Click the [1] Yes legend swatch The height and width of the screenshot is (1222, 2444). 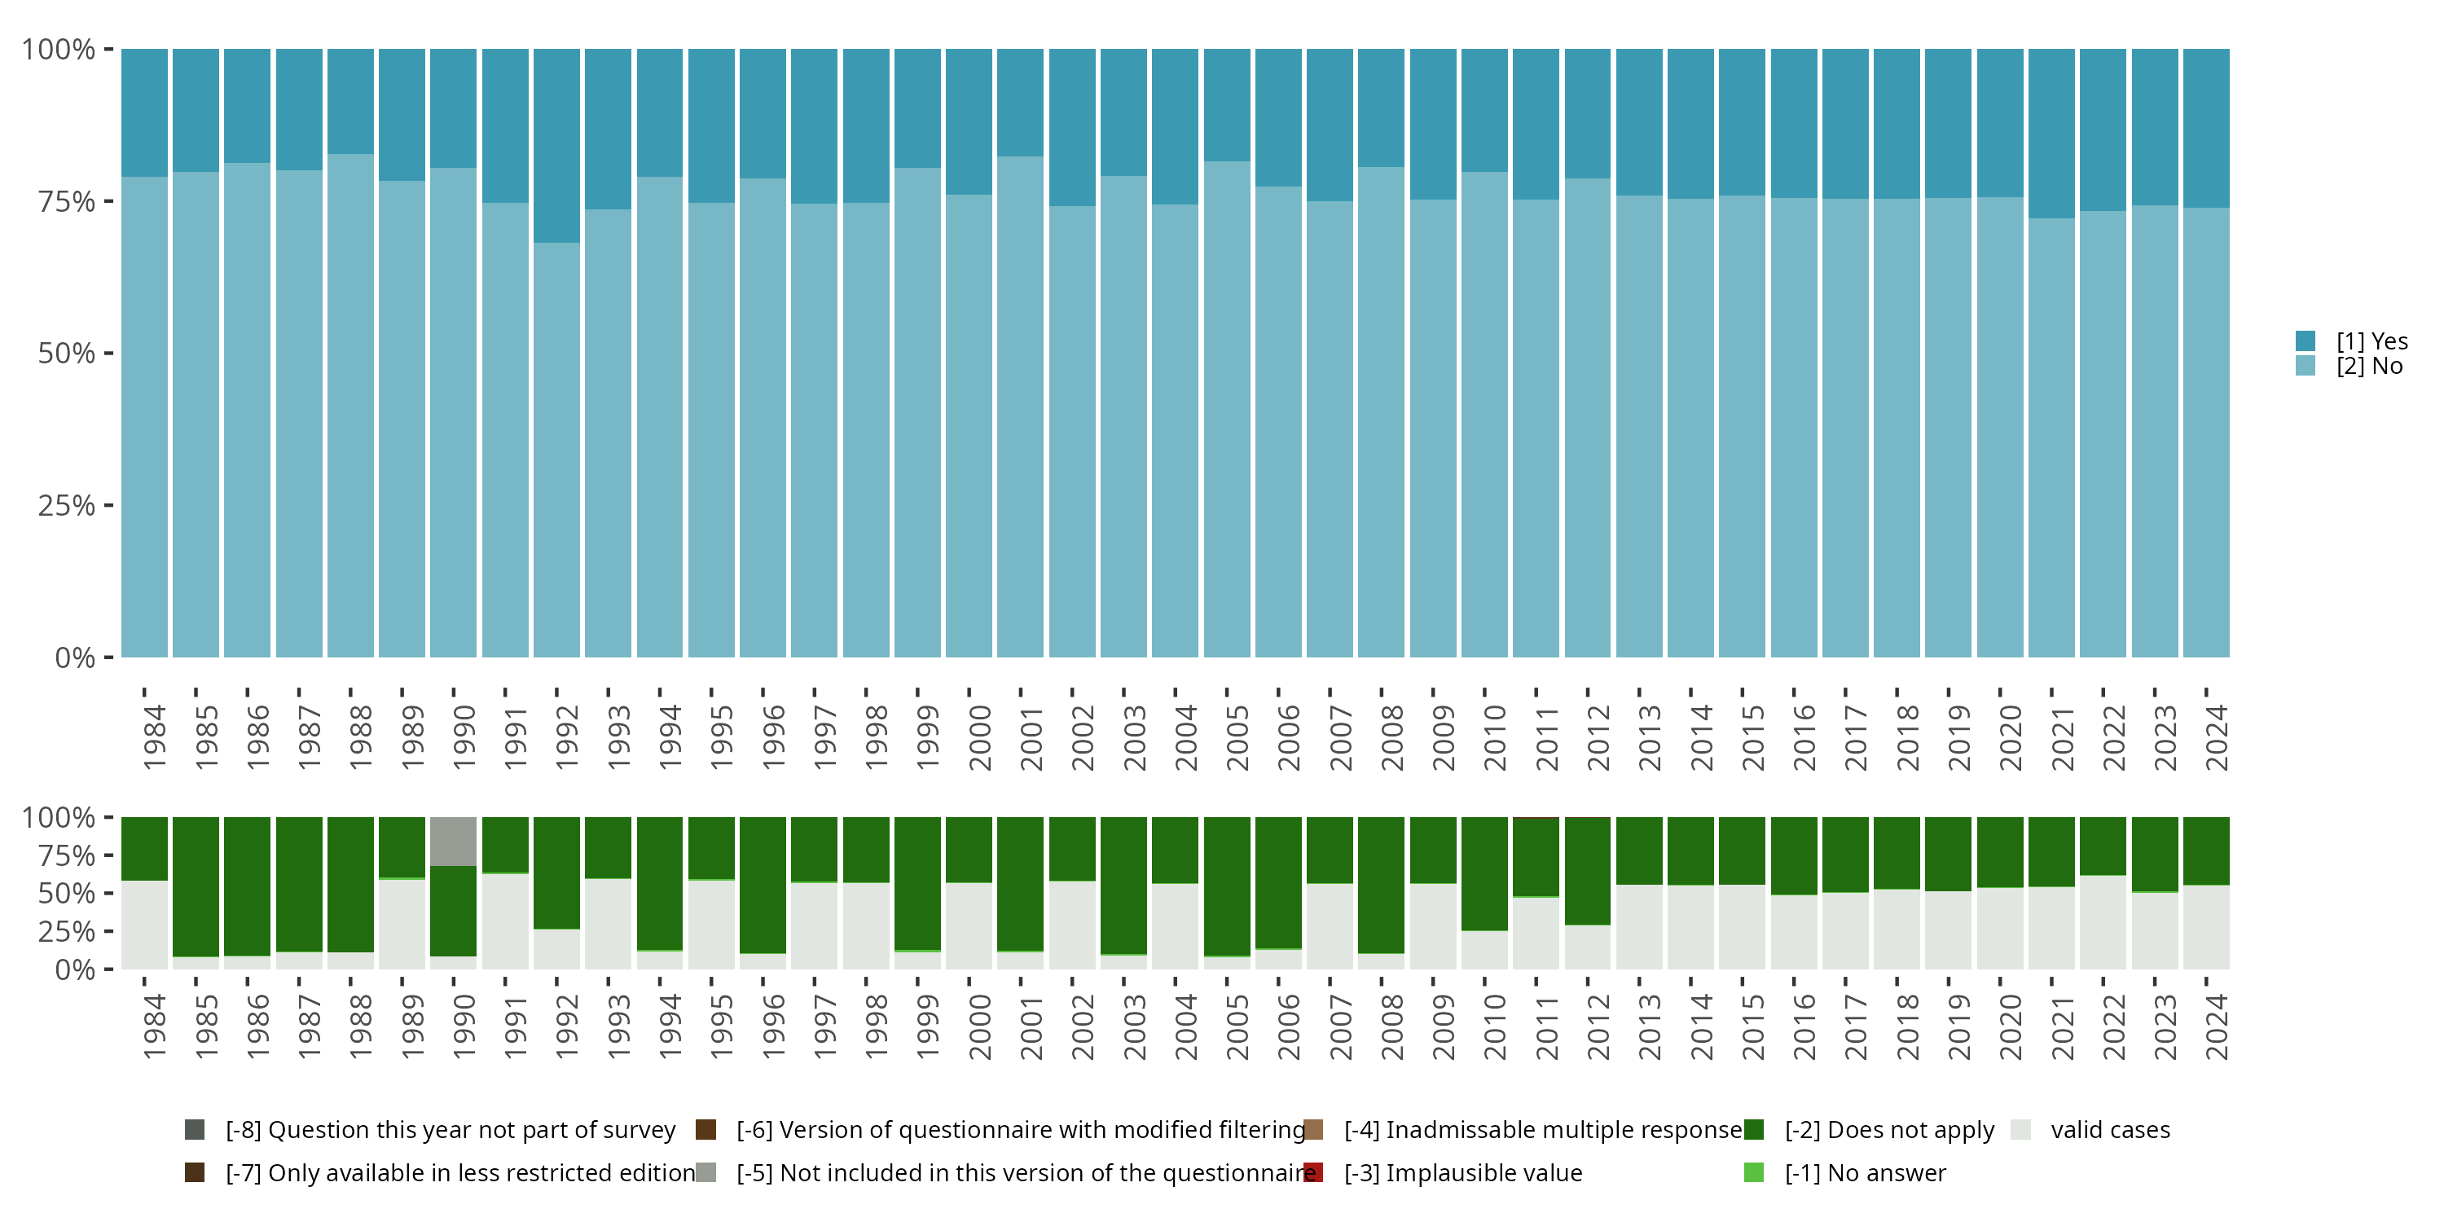(2305, 341)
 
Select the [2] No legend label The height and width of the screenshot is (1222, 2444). (2368, 367)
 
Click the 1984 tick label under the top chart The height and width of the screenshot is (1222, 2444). (154, 737)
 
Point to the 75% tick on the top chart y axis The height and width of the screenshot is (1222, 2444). (67, 201)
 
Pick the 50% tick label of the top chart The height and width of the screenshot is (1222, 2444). (67, 354)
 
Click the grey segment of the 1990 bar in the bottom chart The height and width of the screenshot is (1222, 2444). (454, 841)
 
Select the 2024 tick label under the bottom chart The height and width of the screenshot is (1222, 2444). (2215, 1026)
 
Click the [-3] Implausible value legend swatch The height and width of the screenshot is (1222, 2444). (1313, 1172)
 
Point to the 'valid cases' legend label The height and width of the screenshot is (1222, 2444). (2110, 1130)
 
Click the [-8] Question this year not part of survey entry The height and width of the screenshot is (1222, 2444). (450, 1130)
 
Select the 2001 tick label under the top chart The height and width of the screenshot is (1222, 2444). (1031, 737)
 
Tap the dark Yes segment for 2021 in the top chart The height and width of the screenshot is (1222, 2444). (2051, 133)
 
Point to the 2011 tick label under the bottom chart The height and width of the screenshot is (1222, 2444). (1545, 1026)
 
